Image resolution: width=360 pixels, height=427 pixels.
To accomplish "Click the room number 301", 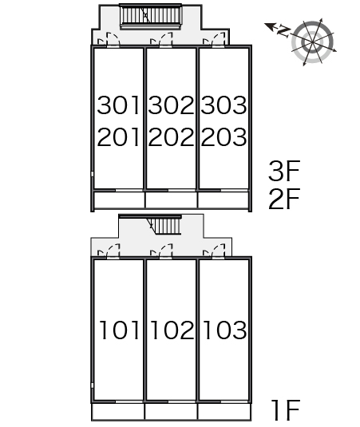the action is pos(118,105).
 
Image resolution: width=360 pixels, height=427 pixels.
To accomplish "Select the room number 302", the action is pos(171,105).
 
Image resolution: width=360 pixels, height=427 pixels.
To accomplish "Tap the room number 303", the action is pos(224,105).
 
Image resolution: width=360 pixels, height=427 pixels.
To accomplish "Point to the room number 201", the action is pos(118,137).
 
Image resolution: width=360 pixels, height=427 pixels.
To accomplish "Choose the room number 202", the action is pos(171,137).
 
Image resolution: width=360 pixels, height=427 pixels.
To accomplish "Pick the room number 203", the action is pos(224,137).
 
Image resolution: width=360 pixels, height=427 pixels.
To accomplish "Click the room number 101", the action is pos(119,330).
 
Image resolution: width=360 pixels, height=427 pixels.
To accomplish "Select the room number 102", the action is pos(172,330).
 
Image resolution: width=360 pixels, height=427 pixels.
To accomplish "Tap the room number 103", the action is pos(225,330).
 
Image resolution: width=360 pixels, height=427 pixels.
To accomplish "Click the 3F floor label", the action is pos(284,171).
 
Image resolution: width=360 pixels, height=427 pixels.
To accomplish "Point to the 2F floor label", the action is pos(284,199).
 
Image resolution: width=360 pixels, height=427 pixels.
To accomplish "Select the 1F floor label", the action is pos(286,410).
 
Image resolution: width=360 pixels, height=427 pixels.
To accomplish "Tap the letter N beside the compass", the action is pos(283,31).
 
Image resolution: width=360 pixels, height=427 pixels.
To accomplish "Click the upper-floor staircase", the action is pos(151,15).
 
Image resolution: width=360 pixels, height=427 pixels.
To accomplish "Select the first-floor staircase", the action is pos(164,225).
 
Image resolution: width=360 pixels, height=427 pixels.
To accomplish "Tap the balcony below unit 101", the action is pos(118,411).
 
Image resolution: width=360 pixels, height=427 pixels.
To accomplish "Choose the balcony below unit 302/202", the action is pos(171,200).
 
